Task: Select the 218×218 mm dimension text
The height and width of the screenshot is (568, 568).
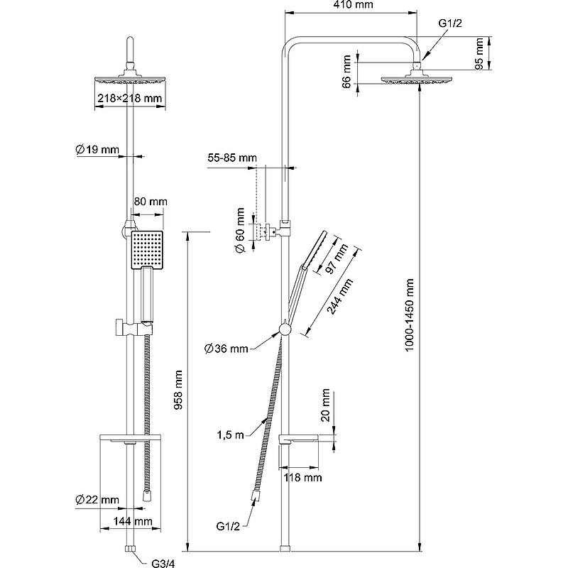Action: coord(130,99)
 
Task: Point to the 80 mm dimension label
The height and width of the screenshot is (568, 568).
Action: coord(150,202)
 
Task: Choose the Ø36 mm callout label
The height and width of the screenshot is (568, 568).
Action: coord(226,348)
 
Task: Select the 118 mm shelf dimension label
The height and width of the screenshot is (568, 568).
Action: coord(303,478)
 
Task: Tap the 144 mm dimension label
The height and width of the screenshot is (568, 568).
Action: coord(134,522)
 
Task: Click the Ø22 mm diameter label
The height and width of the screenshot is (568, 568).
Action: coord(97,500)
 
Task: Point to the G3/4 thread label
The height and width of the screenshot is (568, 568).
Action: coord(163,563)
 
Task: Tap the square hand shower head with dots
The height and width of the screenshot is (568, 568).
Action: coord(146,249)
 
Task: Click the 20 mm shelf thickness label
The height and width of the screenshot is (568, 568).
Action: coord(325,405)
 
